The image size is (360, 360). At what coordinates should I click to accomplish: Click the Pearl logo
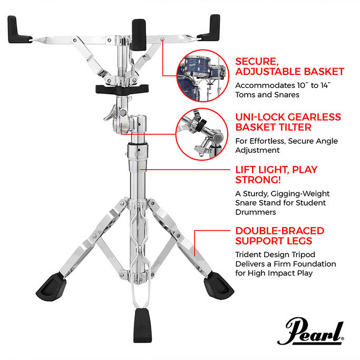[x=310, y=331]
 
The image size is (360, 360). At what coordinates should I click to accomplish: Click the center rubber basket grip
[x=138, y=35]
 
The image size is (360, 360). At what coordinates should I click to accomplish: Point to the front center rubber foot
[x=142, y=326]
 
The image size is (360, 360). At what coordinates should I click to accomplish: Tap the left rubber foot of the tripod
[x=51, y=287]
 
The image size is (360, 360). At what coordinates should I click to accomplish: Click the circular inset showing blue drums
[x=203, y=76]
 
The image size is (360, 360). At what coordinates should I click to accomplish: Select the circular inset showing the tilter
[x=202, y=134]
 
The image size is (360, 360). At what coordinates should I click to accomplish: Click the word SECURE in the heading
[x=257, y=62]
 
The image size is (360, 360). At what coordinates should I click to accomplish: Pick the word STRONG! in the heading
[x=258, y=180]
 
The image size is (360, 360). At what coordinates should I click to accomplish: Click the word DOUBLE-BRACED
[x=280, y=231]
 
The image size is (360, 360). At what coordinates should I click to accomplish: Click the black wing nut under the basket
[x=122, y=89]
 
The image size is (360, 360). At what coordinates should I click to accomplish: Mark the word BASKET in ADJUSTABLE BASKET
[x=324, y=72]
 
